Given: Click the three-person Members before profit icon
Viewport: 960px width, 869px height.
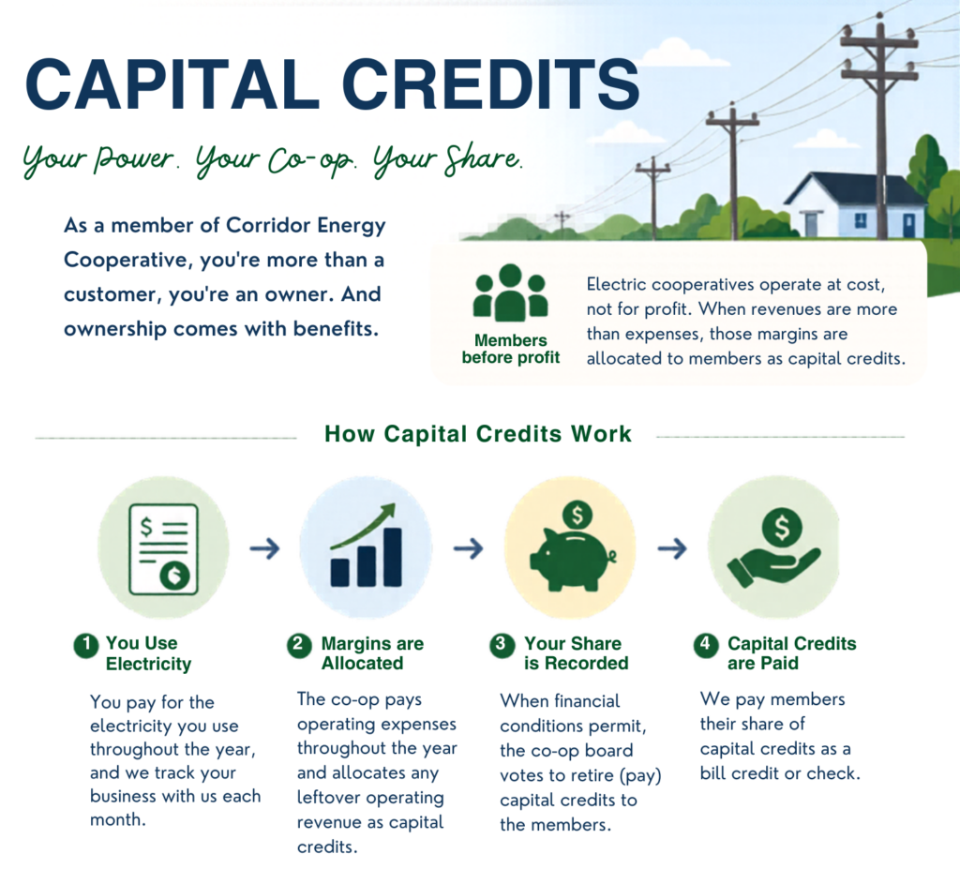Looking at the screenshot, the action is click(x=511, y=292).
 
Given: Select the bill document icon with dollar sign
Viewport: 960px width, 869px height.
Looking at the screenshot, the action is click(x=163, y=549).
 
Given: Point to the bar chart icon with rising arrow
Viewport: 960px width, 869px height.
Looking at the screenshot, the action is click(x=367, y=546).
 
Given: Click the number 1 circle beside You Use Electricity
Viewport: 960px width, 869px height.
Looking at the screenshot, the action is click(x=86, y=645).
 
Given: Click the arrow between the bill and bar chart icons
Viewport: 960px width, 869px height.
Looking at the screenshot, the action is click(x=264, y=548).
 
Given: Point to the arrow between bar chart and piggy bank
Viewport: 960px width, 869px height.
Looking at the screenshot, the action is click(x=469, y=548).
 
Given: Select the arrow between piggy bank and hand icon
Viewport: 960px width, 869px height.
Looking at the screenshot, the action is click(x=672, y=548).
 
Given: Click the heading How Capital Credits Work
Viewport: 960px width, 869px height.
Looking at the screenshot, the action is click(x=477, y=434).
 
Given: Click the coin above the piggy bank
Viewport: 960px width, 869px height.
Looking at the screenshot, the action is click(x=577, y=516).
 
